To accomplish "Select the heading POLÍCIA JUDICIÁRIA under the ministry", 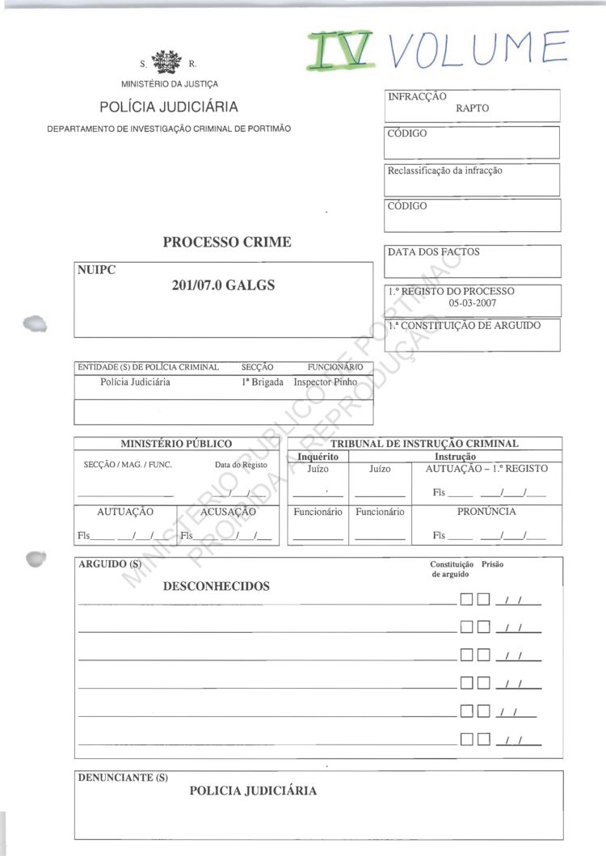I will pos(169,107).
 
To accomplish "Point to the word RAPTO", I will pos(473,108).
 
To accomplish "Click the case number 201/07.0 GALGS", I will pos(224,285).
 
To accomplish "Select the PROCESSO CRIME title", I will pos(227,242).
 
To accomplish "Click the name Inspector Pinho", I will pos(325,382).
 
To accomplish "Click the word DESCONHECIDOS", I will pos(217,586).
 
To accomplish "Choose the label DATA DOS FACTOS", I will pos(434,252).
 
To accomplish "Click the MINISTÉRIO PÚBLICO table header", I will pos(176,443).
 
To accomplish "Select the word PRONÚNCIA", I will pos(486,512).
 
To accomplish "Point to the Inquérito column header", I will pos(318,457).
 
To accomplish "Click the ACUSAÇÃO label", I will pos(228,512).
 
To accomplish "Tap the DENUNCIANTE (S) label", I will pos(123,778).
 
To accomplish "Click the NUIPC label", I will pos(97,270).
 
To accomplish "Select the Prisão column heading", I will pos(492,564).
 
